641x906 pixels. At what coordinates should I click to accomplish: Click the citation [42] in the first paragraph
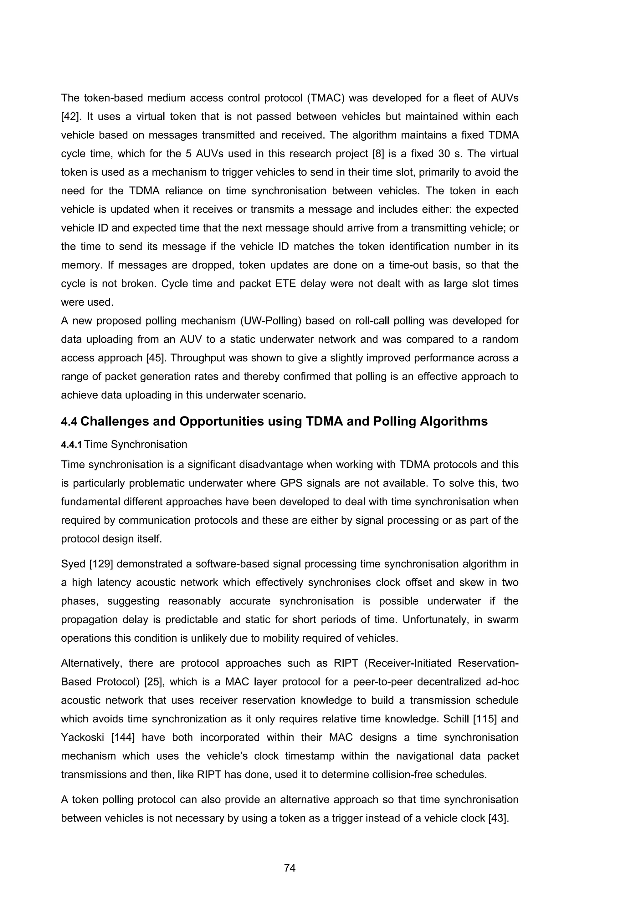pyautogui.click(x=70, y=117)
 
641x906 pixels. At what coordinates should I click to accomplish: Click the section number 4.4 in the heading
pyautogui.click(x=69, y=421)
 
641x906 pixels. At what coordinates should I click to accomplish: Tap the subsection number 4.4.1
pyautogui.click(x=71, y=445)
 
